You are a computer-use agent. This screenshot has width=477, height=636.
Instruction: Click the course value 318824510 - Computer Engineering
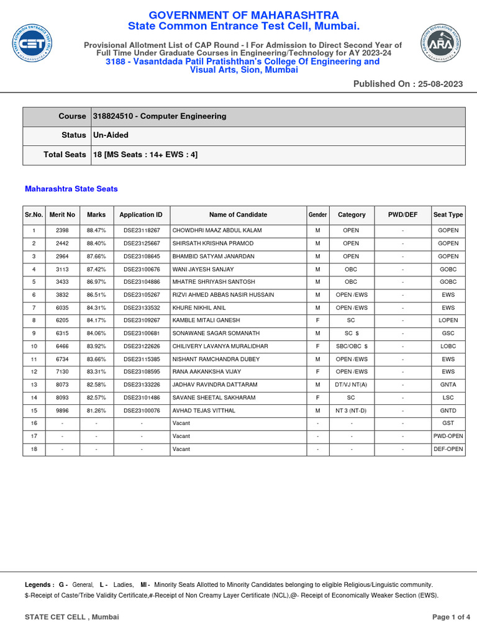[x=160, y=116]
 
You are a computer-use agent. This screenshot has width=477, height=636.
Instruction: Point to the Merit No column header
[x=62, y=215]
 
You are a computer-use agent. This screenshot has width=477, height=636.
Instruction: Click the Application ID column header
[x=141, y=215]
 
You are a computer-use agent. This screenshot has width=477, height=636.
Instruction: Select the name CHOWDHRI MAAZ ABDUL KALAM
[x=217, y=230]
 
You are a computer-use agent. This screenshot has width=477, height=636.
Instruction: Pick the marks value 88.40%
[x=96, y=243]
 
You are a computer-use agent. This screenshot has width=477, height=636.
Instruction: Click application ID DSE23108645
[x=142, y=257]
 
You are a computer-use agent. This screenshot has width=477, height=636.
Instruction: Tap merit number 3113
[x=62, y=270]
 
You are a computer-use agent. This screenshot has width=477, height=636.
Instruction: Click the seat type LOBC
[x=448, y=346]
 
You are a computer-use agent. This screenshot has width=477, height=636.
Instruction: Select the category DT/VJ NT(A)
[x=351, y=385]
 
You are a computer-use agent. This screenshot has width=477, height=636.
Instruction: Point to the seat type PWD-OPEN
[x=448, y=437]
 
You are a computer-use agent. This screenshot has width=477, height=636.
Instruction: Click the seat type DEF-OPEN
[x=448, y=449]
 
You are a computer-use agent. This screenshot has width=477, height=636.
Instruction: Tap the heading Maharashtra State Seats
[x=71, y=189]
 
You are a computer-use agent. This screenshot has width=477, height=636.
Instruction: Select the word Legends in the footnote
[x=39, y=585]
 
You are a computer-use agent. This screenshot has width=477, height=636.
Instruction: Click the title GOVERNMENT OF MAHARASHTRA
[x=243, y=15]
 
